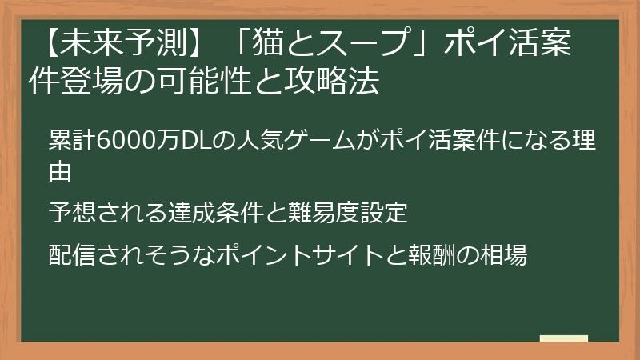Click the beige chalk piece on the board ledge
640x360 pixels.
click(564, 338)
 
